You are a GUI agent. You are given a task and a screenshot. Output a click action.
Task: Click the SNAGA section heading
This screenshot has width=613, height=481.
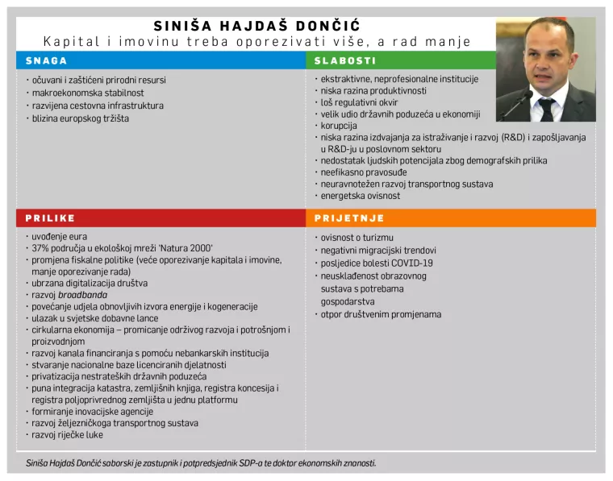click(x=46, y=60)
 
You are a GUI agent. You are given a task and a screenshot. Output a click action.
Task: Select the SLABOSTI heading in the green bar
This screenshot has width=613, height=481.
click(x=344, y=60)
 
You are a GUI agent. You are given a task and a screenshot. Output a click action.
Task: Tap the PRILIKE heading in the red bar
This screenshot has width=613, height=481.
click(x=50, y=218)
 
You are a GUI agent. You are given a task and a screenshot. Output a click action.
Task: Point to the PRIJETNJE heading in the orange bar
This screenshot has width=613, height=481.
click(x=349, y=218)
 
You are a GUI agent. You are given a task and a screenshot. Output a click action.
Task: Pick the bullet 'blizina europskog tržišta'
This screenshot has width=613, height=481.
click(x=80, y=118)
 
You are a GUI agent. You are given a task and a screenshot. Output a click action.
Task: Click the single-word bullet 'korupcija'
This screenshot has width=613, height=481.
click(x=339, y=126)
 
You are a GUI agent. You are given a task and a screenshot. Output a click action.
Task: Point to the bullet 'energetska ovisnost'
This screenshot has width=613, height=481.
click(x=361, y=196)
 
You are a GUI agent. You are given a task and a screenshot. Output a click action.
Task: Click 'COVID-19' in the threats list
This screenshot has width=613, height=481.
click(x=411, y=263)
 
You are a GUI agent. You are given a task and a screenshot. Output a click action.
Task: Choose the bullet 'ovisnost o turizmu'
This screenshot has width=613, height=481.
click(x=357, y=238)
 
